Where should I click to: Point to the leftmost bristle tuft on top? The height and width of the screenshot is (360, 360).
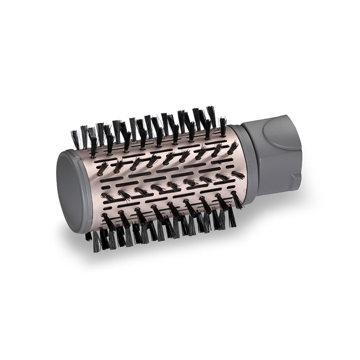pos(75,139)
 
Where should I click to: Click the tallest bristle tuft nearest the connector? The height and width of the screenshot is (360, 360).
pos(211,116)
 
